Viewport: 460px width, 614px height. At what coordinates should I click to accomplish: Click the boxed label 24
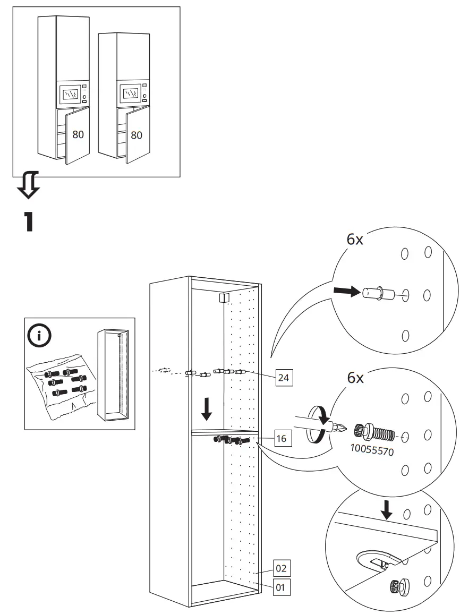pyautogui.click(x=284, y=378)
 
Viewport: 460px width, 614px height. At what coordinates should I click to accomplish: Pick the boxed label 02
pyautogui.click(x=282, y=568)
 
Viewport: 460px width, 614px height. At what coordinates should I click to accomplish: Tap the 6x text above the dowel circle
pyautogui.click(x=355, y=240)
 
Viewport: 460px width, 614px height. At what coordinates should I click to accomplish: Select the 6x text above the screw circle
pyautogui.click(x=355, y=378)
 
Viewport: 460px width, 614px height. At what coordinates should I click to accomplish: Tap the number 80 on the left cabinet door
pyautogui.click(x=78, y=135)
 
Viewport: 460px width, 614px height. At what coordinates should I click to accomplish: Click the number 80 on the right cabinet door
pyautogui.click(x=137, y=135)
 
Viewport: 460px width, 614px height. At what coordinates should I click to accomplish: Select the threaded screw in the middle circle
pyautogui.click(x=377, y=432)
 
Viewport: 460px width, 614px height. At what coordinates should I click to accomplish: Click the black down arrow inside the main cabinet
pyautogui.click(x=207, y=408)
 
